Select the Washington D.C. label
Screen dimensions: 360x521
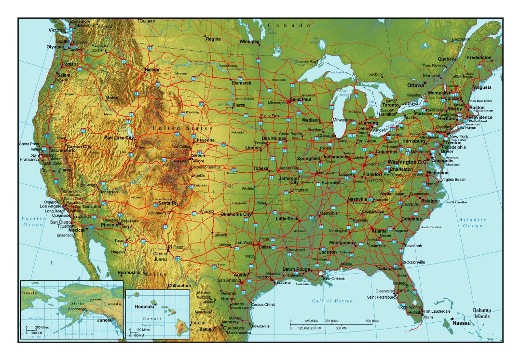pyautogui.click(x=408, y=162)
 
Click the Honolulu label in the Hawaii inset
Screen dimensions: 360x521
pyautogui.click(x=144, y=306)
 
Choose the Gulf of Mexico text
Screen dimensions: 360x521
pyautogui.click(x=332, y=301)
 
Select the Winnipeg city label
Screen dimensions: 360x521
pyautogui.click(x=249, y=42)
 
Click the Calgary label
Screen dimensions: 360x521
pyautogui.click(x=147, y=21)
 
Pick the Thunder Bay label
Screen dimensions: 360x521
pyautogui.click(x=306, y=62)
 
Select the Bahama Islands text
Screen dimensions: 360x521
pyautogui.click(x=482, y=313)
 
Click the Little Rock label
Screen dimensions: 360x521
pyautogui.click(x=287, y=219)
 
